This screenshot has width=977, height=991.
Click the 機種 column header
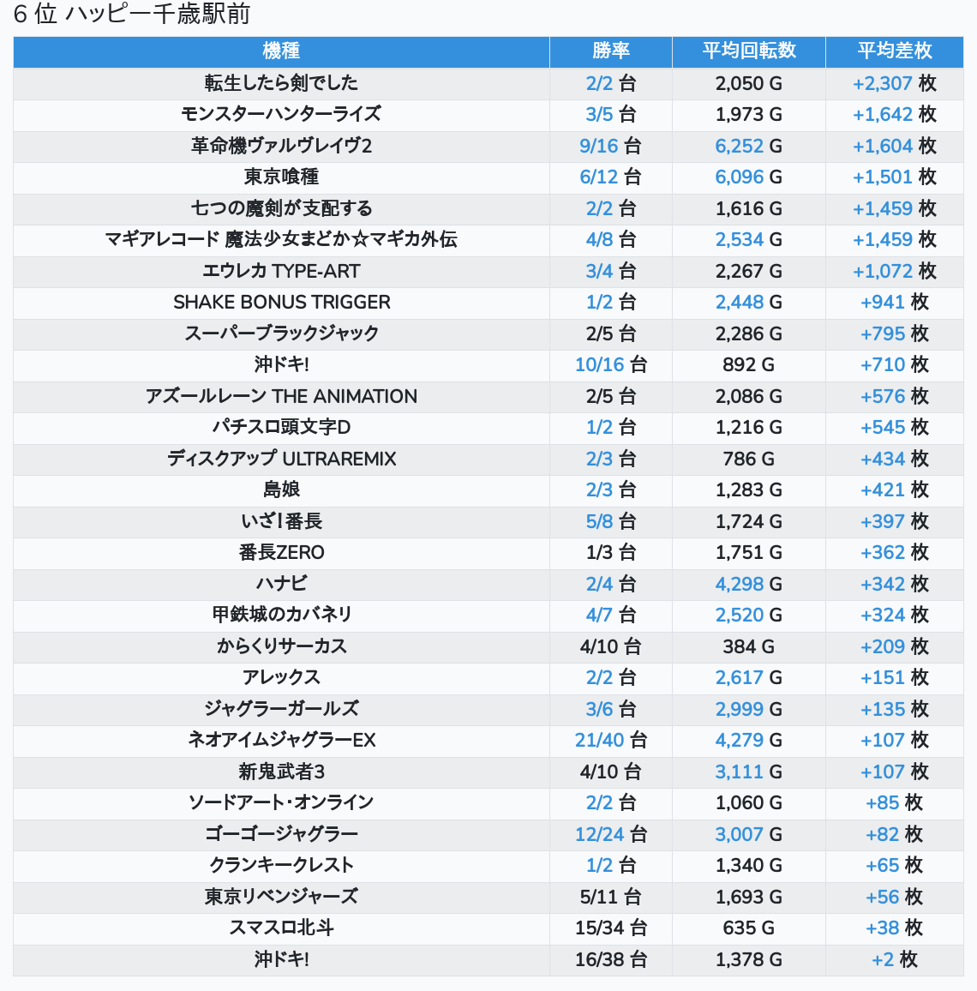tap(281, 51)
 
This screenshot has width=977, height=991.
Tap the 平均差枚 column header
tap(894, 51)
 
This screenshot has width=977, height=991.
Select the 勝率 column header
tap(610, 51)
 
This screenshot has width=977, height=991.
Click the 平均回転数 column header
tap(748, 51)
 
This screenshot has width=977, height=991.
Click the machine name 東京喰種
tap(281, 177)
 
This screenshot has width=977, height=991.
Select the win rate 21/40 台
tap(610, 740)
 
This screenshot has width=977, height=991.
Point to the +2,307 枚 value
tap(894, 83)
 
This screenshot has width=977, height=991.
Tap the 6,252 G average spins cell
tap(748, 146)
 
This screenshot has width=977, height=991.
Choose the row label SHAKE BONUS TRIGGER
tap(281, 302)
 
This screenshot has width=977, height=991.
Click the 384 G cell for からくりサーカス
tap(748, 646)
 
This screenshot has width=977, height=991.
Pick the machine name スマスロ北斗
tap(281, 928)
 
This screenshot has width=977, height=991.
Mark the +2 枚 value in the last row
tap(894, 959)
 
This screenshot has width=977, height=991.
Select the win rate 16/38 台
tap(610, 959)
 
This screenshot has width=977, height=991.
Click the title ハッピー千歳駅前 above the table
tap(158, 15)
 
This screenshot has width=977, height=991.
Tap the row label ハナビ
tap(281, 584)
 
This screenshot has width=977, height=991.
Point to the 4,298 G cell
tap(748, 584)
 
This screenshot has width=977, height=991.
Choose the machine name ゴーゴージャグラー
tap(281, 834)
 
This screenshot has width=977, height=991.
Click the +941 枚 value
tap(894, 302)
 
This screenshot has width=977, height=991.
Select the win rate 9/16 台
tap(610, 146)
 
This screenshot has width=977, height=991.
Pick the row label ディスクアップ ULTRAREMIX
tap(281, 459)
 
